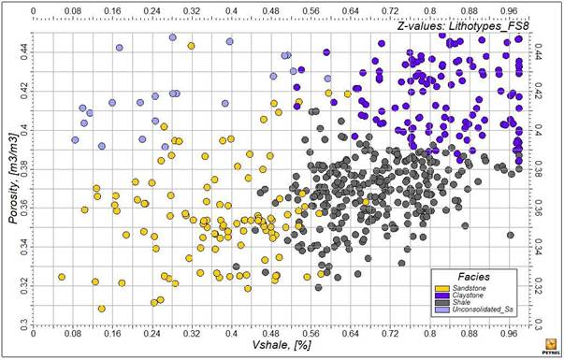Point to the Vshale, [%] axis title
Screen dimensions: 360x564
(x=278, y=346)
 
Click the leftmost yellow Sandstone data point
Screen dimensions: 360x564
(x=62, y=277)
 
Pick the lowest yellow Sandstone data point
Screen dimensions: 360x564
(x=101, y=309)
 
